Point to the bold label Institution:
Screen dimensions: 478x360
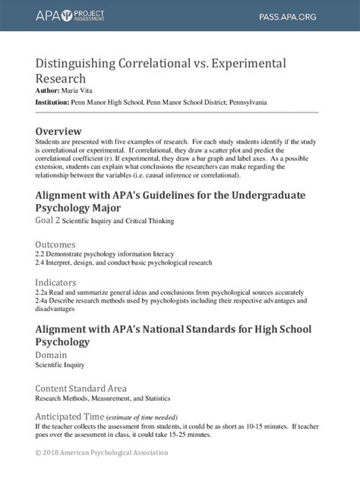[x=52, y=101]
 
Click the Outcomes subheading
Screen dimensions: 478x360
[x=55, y=244]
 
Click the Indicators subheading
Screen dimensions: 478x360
[x=55, y=282]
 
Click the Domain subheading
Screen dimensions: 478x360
[x=52, y=354]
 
